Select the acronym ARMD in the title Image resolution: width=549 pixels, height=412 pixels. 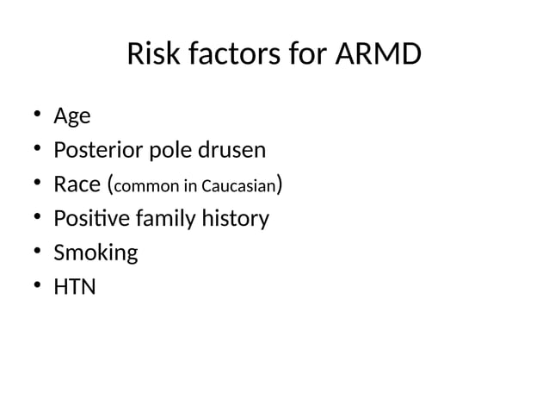pos(378,55)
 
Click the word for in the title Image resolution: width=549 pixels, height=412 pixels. pos(309,55)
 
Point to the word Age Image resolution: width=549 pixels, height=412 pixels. pos(72,116)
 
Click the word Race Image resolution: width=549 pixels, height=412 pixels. pos(76,184)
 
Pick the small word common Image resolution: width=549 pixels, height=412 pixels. pos(145,186)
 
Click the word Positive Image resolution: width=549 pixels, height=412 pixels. pos(89,219)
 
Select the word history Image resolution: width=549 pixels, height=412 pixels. pos(234,219)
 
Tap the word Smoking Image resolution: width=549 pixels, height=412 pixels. pos(96,253)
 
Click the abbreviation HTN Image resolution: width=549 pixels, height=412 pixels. pos(75,287)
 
